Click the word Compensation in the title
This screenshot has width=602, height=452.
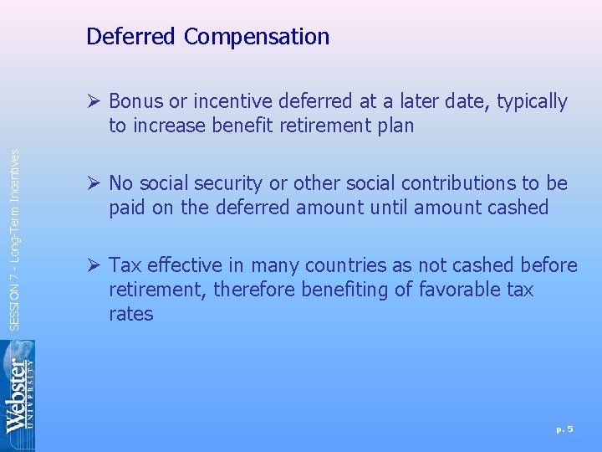coord(257,37)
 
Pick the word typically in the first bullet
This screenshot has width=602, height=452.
coord(533,102)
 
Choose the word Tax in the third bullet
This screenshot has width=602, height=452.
coord(124,265)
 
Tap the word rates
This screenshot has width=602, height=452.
coord(130,314)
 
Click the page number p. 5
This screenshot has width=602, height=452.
coord(564,429)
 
